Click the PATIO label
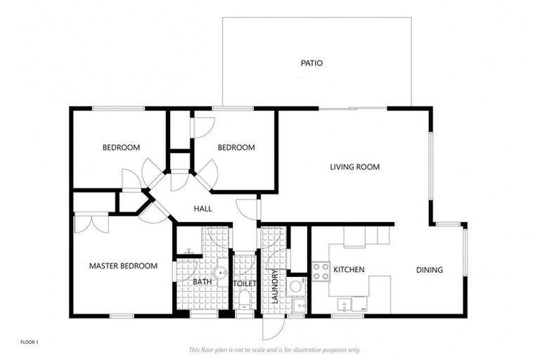coord(311,63)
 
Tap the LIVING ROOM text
coord(355,167)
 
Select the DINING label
coord(429,270)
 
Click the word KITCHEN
coord(348,270)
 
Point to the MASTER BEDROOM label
coord(123,266)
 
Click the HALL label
coord(202,209)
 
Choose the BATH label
coord(202,282)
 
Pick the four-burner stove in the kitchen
coord(321,271)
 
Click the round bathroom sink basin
coord(222,272)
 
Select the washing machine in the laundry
coord(296,285)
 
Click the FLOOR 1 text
coord(29,342)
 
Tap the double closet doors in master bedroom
coord(91,223)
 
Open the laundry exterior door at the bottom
coord(273,327)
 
